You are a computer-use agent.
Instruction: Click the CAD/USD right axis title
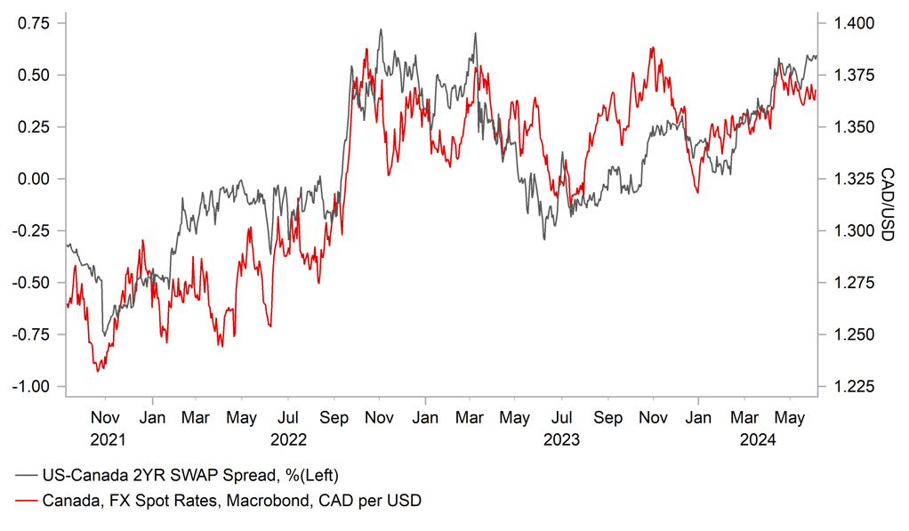[887, 204]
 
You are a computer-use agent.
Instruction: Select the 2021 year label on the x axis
[105, 439]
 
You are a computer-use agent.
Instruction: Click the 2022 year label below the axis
[287, 439]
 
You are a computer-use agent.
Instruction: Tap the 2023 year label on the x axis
[561, 439]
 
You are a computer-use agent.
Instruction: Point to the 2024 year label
[761, 439]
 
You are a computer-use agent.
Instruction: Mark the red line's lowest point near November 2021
[98, 370]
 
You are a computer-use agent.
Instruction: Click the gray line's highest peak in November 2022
[381, 29]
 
